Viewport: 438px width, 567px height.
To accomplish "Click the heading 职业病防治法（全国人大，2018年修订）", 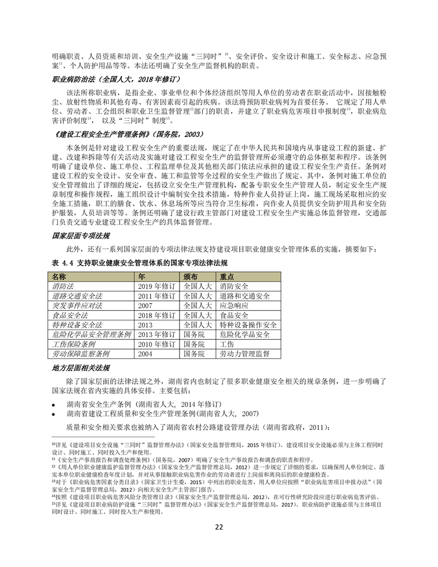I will tap(103, 79).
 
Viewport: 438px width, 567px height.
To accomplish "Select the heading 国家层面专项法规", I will tap(82, 235).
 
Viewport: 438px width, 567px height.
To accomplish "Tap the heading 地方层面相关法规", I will tap(82, 368).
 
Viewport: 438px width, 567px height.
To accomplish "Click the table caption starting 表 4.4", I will tap(140, 263).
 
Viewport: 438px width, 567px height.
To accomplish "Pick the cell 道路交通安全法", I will tap(77, 296).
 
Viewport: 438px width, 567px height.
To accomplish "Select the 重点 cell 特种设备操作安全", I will tap(248, 325).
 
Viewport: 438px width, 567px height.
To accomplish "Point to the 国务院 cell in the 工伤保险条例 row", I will tap(194, 344).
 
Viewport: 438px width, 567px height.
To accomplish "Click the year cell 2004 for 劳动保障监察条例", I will tap(146, 354).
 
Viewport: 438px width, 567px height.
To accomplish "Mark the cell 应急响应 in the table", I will tap(234, 305).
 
